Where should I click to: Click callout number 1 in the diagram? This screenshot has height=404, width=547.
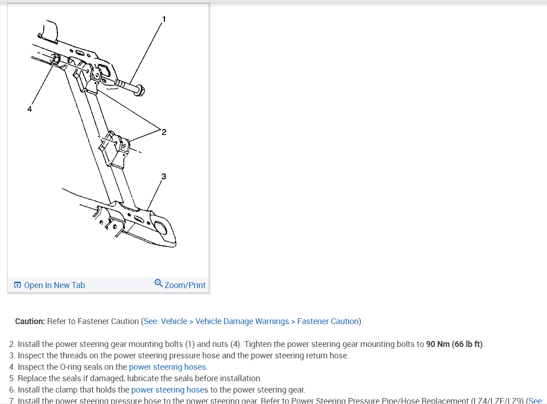tap(164, 19)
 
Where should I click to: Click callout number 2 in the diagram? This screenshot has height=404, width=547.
tap(164, 132)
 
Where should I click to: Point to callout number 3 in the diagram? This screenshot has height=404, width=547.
tap(163, 176)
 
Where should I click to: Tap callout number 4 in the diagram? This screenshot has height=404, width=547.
tap(29, 109)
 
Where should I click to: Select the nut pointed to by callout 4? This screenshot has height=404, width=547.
tap(55, 59)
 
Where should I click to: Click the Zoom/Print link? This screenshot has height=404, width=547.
tap(184, 285)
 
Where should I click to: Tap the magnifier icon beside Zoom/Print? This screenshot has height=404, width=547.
tap(158, 283)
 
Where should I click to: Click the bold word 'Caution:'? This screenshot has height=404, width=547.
tap(30, 321)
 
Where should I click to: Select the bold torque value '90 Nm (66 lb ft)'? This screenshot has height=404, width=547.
tap(455, 344)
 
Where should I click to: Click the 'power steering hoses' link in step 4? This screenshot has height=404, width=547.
tap(168, 367)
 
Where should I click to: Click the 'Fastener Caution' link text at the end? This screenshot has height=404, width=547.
tap(328, 321)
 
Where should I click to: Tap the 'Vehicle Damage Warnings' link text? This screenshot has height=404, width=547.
tap(242, 321)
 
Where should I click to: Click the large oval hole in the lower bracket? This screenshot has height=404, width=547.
tap(162, 227)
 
